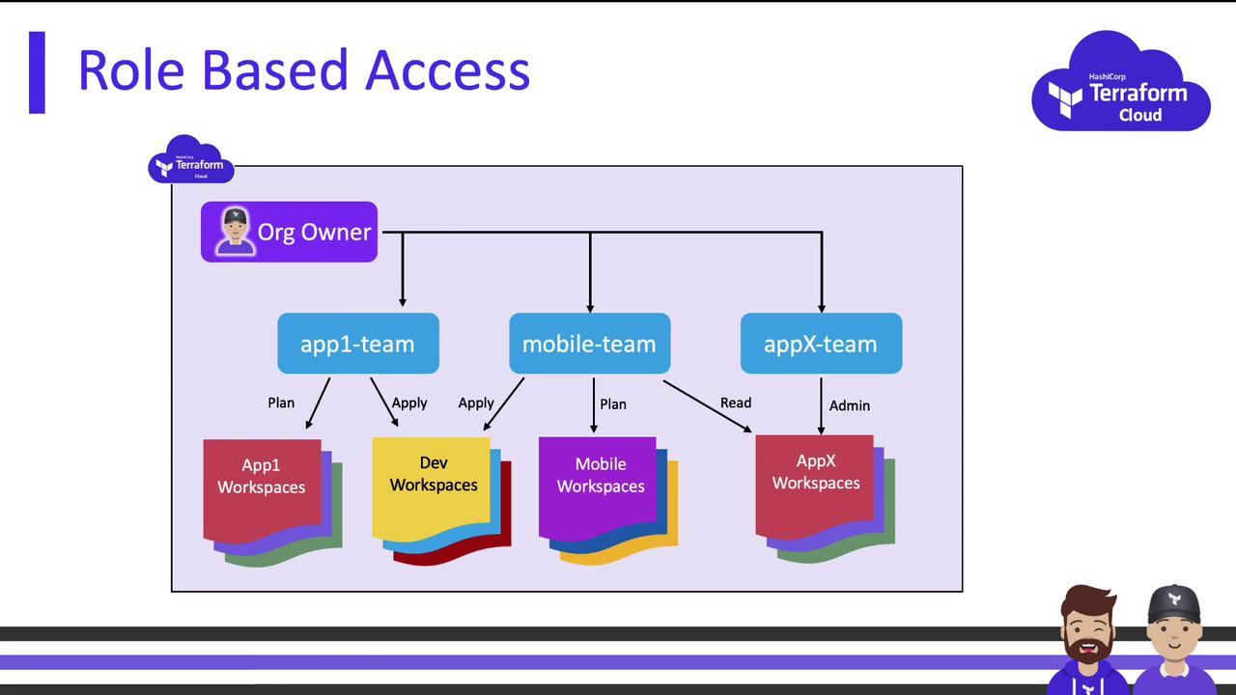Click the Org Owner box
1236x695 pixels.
(289, 232)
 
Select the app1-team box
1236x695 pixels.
(358, 343)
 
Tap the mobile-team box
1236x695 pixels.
(589, 343)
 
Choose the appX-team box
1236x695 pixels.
(821, 343)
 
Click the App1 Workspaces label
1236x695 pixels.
(261, 476)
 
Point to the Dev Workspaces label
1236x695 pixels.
(434, 473)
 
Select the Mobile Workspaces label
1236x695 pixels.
(601, 474)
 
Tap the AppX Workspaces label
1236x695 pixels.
(816, 472)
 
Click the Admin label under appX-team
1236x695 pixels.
(850, 405)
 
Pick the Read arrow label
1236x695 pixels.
(736, 403)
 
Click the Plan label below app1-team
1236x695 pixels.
(281, 403)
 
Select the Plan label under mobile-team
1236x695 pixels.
(613, 404)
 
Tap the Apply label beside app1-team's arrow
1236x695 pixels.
(409, 403)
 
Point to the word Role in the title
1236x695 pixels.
(131, 70)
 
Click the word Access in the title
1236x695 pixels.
(447, 70)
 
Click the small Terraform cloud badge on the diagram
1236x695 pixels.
(191, 160)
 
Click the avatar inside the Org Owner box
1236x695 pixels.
(236, 231)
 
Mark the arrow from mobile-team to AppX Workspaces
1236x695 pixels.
(707, 406)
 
